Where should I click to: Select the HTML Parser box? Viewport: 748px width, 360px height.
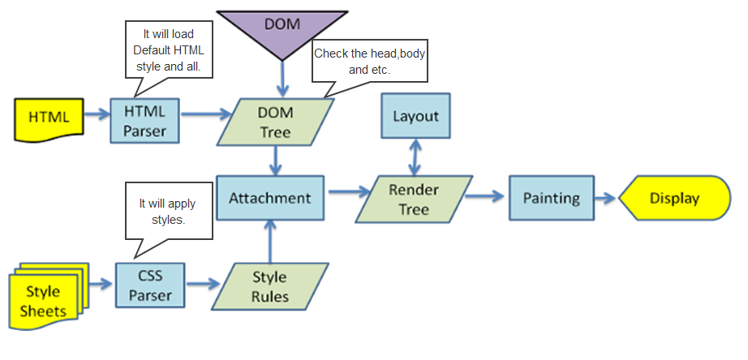click(144, 120)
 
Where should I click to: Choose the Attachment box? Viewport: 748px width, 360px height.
click(269, 198)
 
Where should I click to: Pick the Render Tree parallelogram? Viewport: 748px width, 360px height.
click(414, 199)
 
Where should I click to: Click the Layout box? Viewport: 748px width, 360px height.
click(415, 116)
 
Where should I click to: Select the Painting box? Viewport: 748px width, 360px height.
click(551, 198)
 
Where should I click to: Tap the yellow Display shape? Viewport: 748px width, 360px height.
click(673, 198)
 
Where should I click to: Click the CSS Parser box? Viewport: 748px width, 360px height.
click(149, 284)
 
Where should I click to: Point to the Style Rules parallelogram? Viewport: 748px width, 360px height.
click(269, 286)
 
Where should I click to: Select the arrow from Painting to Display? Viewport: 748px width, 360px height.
click(604, 198)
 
